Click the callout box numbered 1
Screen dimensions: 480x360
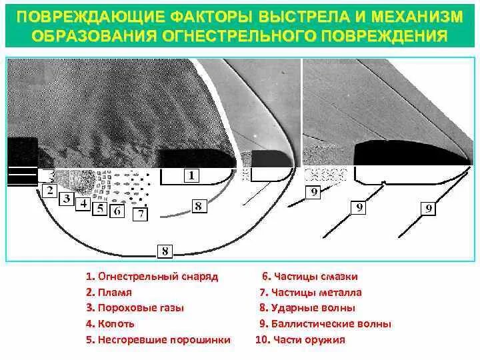coord(190,176)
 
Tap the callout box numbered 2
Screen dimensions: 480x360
coord(49,191)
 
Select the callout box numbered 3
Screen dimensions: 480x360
coord(67,199)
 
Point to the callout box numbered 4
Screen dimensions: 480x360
coord(83,204)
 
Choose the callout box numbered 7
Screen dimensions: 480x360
coord(140,214)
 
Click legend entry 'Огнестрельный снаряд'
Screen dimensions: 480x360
coord(151,276)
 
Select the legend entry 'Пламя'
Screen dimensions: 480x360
coord(109,292)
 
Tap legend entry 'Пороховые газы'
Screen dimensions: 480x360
coord(134,308)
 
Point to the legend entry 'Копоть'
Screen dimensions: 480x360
coord(111,323)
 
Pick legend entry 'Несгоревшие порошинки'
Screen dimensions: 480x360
coord(158,339)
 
